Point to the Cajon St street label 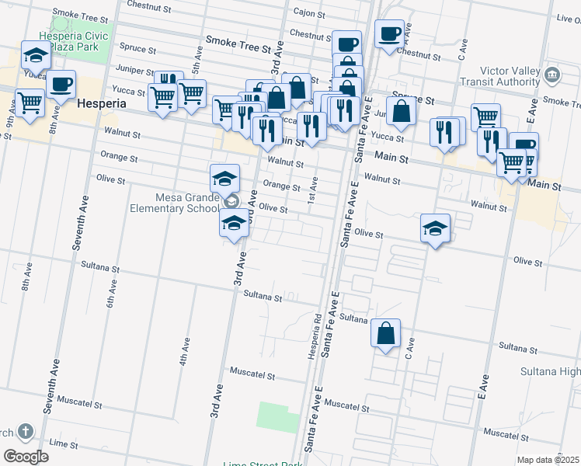tap(313, 12)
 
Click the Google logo tap(26, 456)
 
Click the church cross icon tap(25, 431)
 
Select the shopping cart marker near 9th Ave tap(30, 103)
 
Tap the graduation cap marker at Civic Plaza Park tap(35, 55)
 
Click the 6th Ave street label tap(111, 295)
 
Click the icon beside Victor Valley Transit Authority tap(552, 75)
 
